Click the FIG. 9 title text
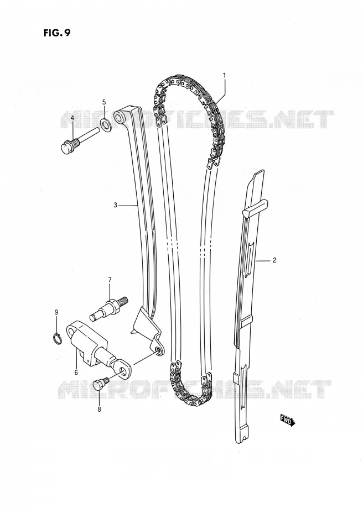pyautogui.click(x=56, y=33)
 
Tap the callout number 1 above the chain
pyautogui.click(x=225, y=75)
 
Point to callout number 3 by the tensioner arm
pyautogui.click(x=116, y=205)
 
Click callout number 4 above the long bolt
pyautogui.click(x=72, y=118)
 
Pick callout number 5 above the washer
pyautogui.click(x=104, y=102)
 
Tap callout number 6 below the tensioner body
pyautogui.click(x=76, y=372)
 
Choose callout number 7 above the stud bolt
pyautogui.click(x=110, y=280)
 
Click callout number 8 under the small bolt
pyautogui.click(x=99, y=409)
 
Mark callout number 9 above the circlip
pyautogui.click(x=56, y=312)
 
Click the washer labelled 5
pyautogui.click(x=105, y=124)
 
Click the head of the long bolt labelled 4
pyautogui.click(x=67, y=146)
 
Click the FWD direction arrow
pyautogui.click(x=288, y=420)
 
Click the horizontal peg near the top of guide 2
pyautogui.click(x=255, y=209)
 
